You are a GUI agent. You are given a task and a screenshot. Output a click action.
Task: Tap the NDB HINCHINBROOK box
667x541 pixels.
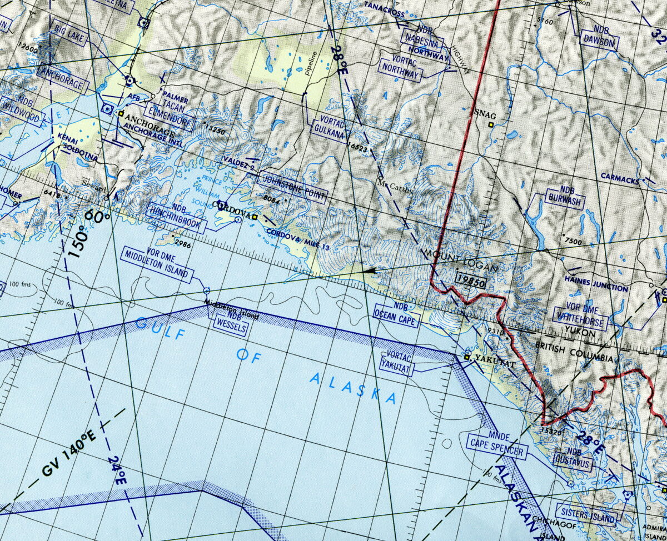177,218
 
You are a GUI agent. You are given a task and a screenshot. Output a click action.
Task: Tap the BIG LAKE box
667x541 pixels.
68,32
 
